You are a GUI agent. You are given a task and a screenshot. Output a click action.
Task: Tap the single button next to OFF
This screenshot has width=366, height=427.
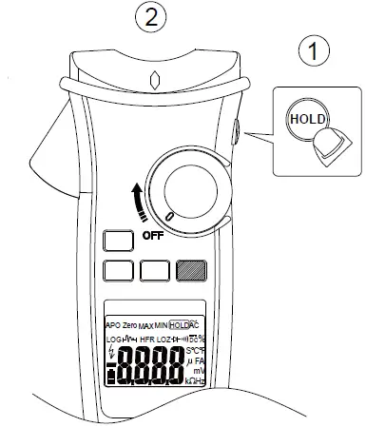pyautogui.click(x=117, y=240)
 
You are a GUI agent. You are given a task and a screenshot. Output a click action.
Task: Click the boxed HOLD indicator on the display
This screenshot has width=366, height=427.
pyautogui.click(x=179, y=325)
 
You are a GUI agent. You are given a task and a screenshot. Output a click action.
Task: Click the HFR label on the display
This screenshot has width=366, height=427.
pyautogui.click(x=146, y=340)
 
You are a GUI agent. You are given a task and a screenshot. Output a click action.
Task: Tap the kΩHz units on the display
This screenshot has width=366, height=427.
pyautogui.click(x=198, y=381)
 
